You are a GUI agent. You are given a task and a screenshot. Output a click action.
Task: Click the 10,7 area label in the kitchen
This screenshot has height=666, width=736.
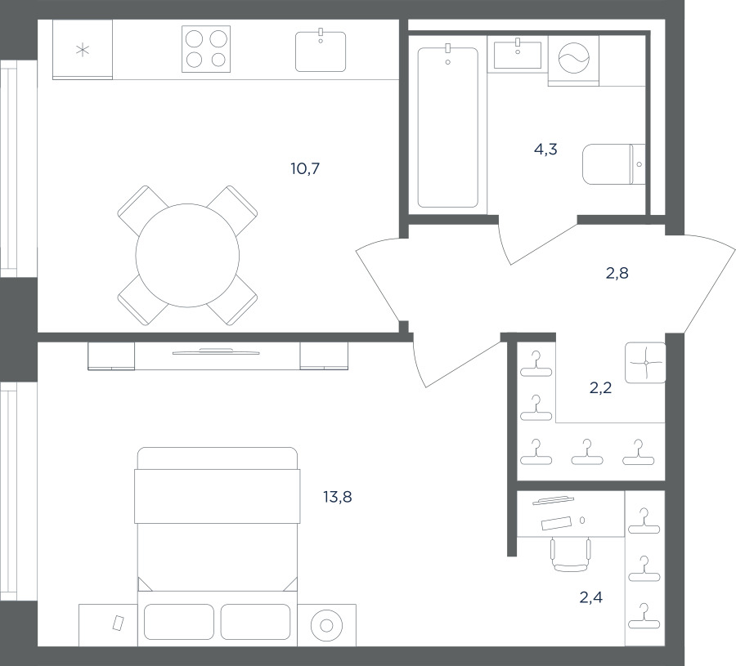click(x=305, y=168)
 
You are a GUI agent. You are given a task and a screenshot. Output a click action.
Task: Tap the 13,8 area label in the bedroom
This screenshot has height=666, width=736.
click(x=338, y=497)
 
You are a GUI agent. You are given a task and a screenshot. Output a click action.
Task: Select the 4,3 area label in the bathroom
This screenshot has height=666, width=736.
click(x=545, y=150)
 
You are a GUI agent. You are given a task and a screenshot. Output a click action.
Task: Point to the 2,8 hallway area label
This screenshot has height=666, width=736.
click(x=617, y=273)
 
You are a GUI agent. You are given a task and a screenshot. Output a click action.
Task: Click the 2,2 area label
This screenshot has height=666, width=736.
click(x=600, y=388)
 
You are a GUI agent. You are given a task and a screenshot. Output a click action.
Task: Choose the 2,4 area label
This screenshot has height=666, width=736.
click(x=591, y=597)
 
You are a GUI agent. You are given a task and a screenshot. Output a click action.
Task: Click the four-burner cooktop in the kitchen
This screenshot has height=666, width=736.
click(x=206, y=49)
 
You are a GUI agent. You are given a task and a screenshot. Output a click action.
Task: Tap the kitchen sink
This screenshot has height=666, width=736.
click(x=321, y=51)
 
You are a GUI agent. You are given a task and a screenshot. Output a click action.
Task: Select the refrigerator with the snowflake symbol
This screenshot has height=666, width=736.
click(x=83, y=49)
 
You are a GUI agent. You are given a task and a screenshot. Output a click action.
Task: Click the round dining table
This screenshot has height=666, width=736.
click(x=187, y=255)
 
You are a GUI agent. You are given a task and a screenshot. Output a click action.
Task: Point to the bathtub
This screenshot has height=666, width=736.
click(x=448, y=127)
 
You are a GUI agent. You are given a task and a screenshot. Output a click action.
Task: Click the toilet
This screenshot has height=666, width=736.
click(x=614, y=164)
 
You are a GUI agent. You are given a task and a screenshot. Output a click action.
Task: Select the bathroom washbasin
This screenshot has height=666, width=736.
click(x=518, y=55)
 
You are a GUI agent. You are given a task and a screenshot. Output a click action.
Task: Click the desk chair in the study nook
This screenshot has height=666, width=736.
click(x=570, y=555)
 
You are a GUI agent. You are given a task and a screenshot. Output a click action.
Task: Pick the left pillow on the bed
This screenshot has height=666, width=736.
click(x=179, y=622)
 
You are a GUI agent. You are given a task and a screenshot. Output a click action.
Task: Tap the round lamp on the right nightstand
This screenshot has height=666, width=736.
click(x=326, y=625)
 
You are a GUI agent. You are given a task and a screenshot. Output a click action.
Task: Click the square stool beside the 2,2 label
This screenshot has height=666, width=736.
click(x=646, y=363)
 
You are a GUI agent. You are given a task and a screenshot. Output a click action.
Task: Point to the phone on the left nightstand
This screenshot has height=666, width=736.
click(x=118, y=623)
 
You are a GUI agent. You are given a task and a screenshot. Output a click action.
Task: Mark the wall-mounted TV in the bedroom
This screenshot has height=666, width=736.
click(x=216, y=351)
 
